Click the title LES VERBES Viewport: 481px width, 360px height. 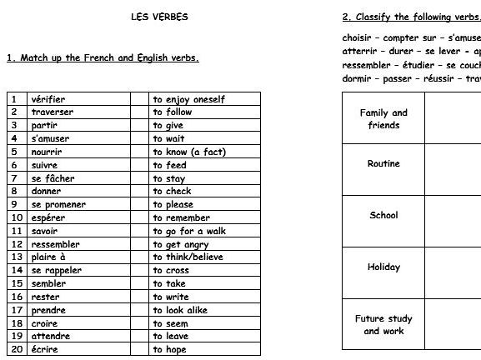tap(159, 17)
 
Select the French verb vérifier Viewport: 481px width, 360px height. tap(48, 98)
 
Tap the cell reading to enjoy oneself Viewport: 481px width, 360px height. tap(188, 98)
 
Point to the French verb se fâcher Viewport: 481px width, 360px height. tap(53, 177)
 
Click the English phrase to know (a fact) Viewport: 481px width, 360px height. tap(189, 152)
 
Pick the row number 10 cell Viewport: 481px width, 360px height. tap(14, 217)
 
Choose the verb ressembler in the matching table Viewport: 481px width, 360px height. tap(56, 244)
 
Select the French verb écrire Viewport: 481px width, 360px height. tap(46, 349)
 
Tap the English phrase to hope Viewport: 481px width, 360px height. tap(170, 349)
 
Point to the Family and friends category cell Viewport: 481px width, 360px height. tap(383, 118)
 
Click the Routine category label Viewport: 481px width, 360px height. tap(383, 164)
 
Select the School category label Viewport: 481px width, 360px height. tap(383, 215)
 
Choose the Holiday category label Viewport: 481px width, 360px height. tap(383, 267)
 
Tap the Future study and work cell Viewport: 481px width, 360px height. tap(383, 324)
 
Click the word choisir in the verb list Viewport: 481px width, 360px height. tap(358, 37)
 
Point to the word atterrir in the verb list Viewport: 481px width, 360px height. tap(359, 51)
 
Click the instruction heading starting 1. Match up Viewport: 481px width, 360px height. tap(102, 58)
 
